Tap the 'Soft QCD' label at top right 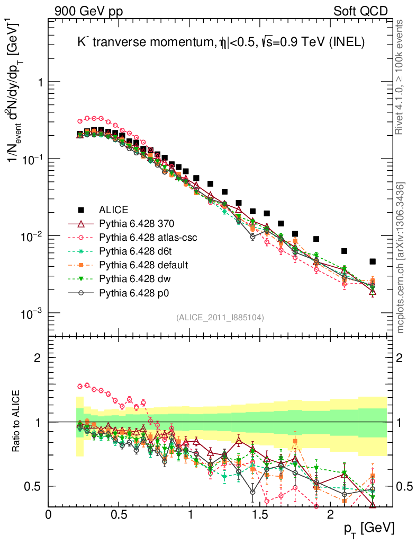coord(360,11)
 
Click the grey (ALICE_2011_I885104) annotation coord(220,317)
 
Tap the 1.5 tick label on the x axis coord(260,515)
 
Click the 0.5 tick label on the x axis coord(119,515)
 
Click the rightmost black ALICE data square coord(373,261)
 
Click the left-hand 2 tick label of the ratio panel coord(38,357)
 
